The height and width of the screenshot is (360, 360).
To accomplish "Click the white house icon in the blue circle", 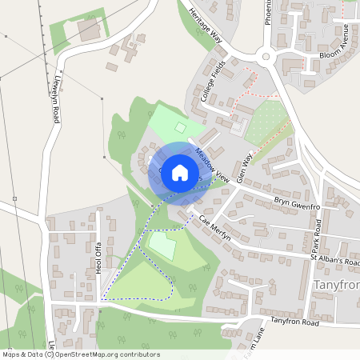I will click(180, 172).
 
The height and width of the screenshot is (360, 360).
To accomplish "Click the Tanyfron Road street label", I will click(294, 322).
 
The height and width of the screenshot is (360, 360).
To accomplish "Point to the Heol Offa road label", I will click(99, 257).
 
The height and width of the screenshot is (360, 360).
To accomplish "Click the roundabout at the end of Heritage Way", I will click(266, 56).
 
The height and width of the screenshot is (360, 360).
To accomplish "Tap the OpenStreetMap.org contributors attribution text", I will click(106, 354).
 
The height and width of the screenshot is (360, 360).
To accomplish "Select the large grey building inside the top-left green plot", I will click(88, 30).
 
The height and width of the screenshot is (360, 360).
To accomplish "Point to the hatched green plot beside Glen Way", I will click(266, 122).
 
